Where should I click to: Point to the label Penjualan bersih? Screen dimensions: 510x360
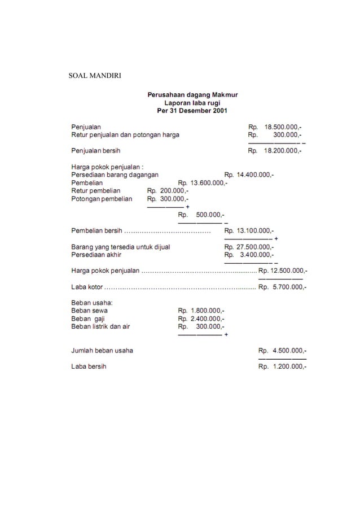pyautogui.click(x=95, y=151)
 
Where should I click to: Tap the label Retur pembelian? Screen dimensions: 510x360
pyautogui.click(x=95, y=191)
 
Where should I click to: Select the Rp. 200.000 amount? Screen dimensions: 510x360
pyautogui.click(x=168, y=191)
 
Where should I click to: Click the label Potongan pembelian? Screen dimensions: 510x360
pyautogui.click(x=102, y=199)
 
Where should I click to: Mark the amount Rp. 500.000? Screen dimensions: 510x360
pyautogui.click(x=201, y=215)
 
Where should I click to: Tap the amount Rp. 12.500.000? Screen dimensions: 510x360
pyautogui.click(x=282, y=271)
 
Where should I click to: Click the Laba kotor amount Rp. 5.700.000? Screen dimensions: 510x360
pyautogui.click(x=282, y=287)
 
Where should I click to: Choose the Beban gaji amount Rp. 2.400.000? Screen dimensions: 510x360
pyautogui.click(x=201, y=319)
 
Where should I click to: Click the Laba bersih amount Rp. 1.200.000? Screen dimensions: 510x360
pyautogui.click(x=282, y=367)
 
